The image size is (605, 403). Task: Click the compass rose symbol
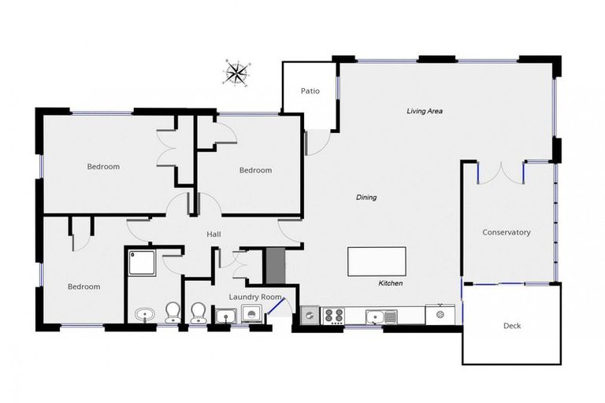[x=235, y=72]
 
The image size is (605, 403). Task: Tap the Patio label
[x=310, y=91]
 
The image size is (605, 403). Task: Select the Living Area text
[x=424, y=111]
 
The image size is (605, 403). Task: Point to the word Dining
[x=366, y=198]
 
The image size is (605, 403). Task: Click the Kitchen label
[x=391, y=283]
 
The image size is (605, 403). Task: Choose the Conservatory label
[x=507, y=232]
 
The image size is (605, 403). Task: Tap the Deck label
[x=512, y=325]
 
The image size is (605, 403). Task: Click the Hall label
[x=213, y=235]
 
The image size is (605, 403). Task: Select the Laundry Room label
[x=254, y=297]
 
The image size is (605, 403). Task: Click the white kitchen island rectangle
[x=377, y=261]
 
